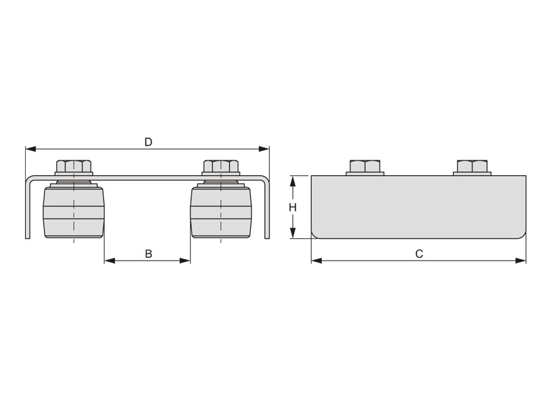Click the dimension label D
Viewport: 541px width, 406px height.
148,142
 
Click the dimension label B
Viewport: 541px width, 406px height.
148,254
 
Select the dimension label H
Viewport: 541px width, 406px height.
293,208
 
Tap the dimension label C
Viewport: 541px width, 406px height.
419,254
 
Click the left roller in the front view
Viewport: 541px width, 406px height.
74,210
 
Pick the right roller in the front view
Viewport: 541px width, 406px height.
221,210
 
